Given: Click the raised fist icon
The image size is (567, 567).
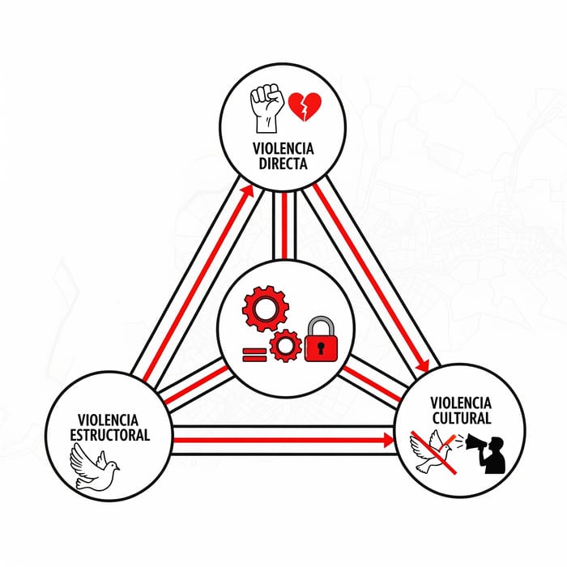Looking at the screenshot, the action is tap(266, 108).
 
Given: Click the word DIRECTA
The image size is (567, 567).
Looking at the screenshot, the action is tap(283, 164).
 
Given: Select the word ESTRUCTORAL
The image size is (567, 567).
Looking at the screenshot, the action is tap(110, 435).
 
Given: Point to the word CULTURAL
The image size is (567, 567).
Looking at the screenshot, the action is tap(462, 418).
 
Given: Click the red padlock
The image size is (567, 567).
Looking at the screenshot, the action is tap(321, 339).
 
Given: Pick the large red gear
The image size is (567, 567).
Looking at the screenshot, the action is tap(266, 309).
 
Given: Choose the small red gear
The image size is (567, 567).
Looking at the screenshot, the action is tap(286, 346).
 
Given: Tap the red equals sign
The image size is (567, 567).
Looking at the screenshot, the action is tap(254, 355).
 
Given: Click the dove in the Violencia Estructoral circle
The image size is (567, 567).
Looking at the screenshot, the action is tap(94, 467).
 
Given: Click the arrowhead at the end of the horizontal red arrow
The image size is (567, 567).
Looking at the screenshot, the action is tap(389, 440).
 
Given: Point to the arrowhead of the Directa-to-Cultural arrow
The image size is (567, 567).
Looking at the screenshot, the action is tap(423, 365).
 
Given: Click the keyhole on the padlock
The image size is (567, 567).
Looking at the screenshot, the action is tap(321, 347).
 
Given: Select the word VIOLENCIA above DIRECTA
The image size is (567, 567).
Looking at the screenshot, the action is tap(283, 148).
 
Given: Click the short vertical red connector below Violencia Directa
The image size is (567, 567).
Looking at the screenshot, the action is tap(284, 226).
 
